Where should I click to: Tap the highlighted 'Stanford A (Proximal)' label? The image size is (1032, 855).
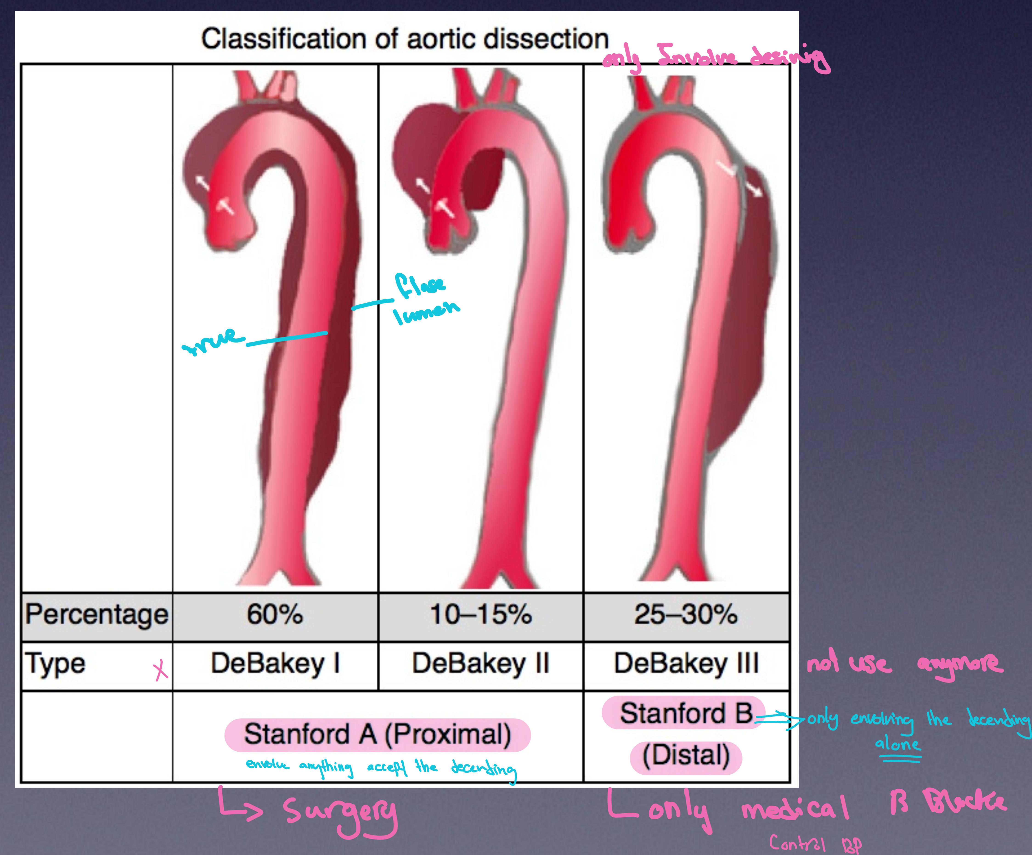click(378, 735)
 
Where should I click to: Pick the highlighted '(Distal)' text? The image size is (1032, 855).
click(686, 756)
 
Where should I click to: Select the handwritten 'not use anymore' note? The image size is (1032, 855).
click(903, 664)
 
